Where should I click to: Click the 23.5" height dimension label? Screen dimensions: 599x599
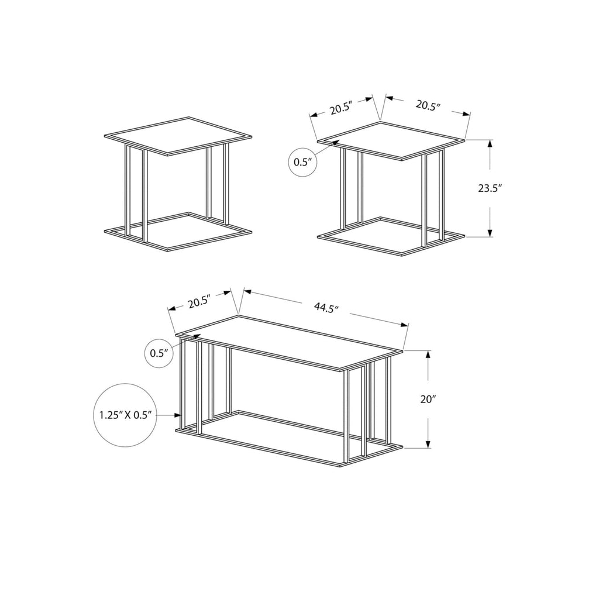coord(490,188)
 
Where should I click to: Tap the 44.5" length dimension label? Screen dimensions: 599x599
coord(326,308)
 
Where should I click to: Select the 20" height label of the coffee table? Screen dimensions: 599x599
coord(429,400)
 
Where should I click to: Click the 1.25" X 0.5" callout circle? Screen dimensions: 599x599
coord(126,415)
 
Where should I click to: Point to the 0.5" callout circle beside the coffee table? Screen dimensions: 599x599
coord(159,353)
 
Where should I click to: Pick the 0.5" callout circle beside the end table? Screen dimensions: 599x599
coord(304,162)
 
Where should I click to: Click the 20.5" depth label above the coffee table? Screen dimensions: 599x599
coord(199,302)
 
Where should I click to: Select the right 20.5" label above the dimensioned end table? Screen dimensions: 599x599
coord(428,105)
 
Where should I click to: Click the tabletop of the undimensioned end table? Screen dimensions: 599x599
coord(178,136)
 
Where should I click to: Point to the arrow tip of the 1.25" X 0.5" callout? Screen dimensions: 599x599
coord(180,415)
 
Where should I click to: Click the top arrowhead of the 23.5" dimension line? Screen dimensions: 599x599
coord(490,142)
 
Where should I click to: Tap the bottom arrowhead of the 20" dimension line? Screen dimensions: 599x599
coord(429,446)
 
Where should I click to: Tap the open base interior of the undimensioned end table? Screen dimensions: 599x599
coord(178,229)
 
